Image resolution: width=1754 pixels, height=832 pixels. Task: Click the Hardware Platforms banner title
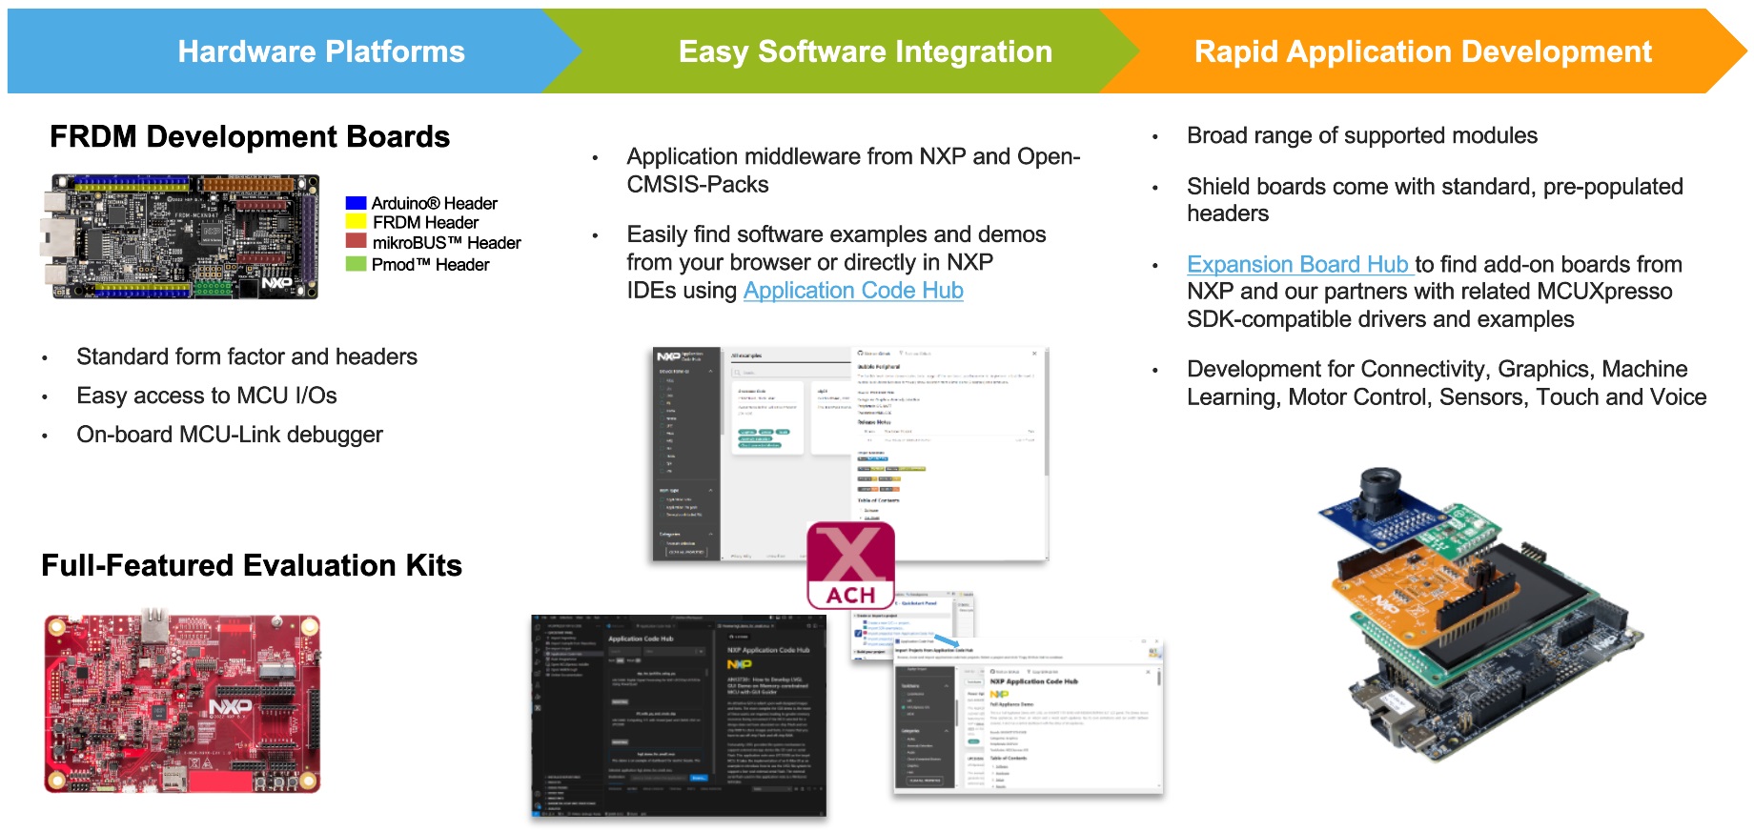[x=321, y=51]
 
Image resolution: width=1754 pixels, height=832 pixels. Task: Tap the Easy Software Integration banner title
[x=865, y=51]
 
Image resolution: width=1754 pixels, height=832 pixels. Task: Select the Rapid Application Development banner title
[x=1422, y=51]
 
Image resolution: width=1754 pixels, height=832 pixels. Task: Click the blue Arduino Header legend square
[x=356, y=203]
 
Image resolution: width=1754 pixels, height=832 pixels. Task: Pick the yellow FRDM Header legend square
[x=356, y=222]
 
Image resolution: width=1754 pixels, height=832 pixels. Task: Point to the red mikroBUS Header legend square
[x=356, y=242]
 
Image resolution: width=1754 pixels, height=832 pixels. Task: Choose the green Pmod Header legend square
[x=356, y=264]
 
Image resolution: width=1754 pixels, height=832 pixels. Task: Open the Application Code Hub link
[x=853, y=291]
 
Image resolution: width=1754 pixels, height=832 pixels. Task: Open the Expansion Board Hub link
[x=1297, y=264]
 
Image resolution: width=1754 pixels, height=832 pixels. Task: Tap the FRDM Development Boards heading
[x=250, y=137]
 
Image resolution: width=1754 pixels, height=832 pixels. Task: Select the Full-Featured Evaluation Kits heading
[x=252, y=566]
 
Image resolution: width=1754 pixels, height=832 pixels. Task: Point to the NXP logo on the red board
[x=231, y=707]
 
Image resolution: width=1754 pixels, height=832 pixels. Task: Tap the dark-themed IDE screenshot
[x=678, y=716]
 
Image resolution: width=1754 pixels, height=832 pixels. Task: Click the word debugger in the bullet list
[x=335, y=435]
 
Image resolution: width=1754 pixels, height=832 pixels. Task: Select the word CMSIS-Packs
[x=697, y=185]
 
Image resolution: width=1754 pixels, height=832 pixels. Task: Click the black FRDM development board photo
[x=180, y=237]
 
